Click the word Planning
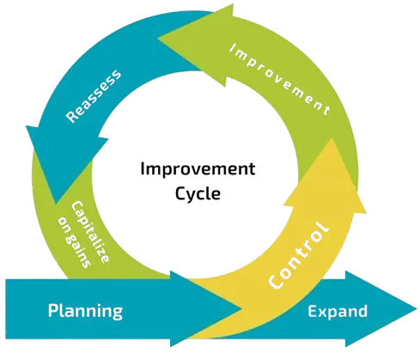pyautogui.click(x=85, y=312)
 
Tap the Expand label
pyautogui.click(x=338, y=312)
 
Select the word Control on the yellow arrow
pyautogui.click(x=299, y=255)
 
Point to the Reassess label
pyautogui.click(x=94, y=95)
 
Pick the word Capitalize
pyautogui.click(x=90, y=232)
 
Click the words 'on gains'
pyautogui.click(x=75, y=242)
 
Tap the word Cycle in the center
pyautogui.click(x=198, y=194)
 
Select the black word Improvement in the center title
pyautogui.click(x=198, y=168)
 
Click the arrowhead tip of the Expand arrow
pyautogui.click(x=417, y=308)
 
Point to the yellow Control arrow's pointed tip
pyautogui.click(x=332, y=138)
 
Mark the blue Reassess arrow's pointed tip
pyautogui.click(x=55, y=204)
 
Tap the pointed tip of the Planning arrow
pyautogui.click(x=242, y=308)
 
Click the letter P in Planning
pyautogui.click(x=53, y=310)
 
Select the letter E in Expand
pyautogui.click(x=313, y=311)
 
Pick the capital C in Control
pyautogui.click(x=276, y=281)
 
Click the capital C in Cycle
pyautogui.click(x=180, y=193)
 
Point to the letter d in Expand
pyautogui.click(x=362, y=311)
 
